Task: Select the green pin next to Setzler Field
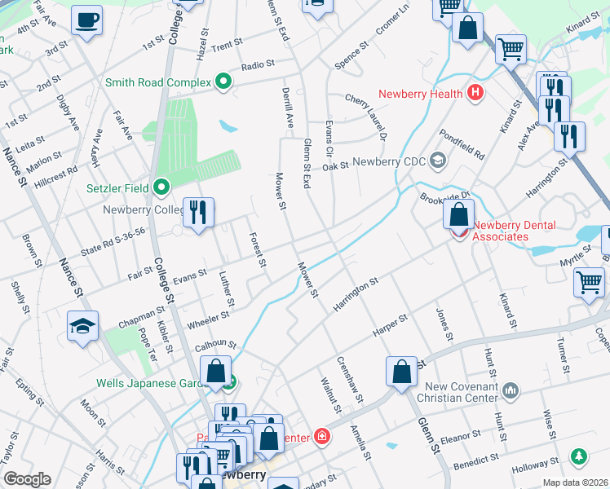click(x=161, y=188)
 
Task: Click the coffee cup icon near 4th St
click(x=86, y=21)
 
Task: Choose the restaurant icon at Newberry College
click(x=198, y=214)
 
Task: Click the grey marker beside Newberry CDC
click(x=438, y=161)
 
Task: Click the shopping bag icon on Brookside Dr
click(x=459, y=215)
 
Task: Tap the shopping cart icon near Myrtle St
click(x=589, y=284)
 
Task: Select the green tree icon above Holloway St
click(x=578, y=456)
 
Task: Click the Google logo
click(x=28, y=478)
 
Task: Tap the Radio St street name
click(x=258, y=64)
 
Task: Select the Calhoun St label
click(x=215, y=346)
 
